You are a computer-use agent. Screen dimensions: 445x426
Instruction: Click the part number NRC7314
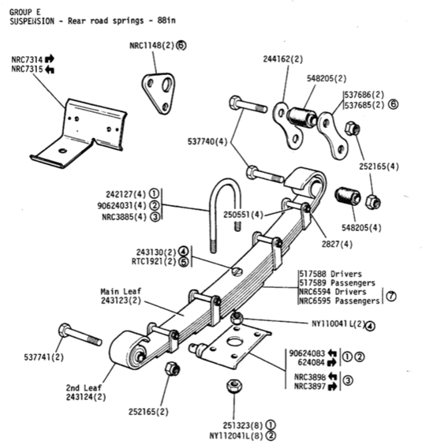coord(28,59)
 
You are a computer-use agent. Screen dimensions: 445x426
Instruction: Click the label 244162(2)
coord(281,59)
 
